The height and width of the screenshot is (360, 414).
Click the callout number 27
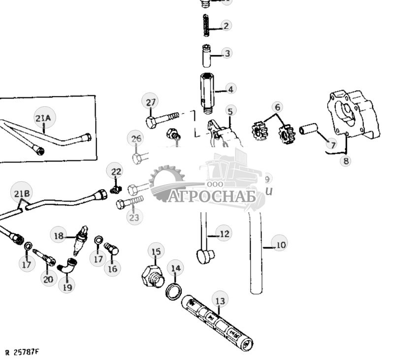tap(151, 102)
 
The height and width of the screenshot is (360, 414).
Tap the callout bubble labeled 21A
tap(43, 118)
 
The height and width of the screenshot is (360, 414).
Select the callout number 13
tap(220, 299)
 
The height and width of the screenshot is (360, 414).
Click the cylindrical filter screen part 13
tap(217, 322)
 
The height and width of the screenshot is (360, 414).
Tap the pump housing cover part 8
tap(353, 116)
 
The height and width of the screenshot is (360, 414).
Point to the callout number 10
tap(280, 244)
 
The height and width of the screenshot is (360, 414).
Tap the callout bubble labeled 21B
tap(21, 193)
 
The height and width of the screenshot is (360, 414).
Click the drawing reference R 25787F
tap(22, 353)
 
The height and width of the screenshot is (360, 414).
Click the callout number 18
tap(59, 236)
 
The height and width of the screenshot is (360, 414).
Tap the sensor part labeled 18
tap(80, 238)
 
